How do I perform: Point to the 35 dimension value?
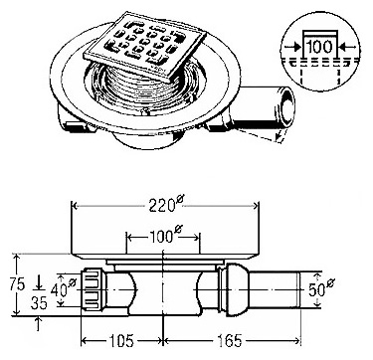coord(39,302)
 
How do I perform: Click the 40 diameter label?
coord(63,289)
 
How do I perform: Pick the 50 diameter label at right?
coord(321,289)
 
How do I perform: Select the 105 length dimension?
coord(122,341)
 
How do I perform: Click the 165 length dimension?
coord(230,341)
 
